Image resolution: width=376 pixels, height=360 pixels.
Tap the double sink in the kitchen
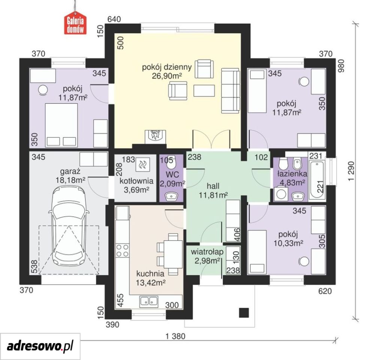149,301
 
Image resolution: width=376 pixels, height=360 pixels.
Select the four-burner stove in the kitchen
122,250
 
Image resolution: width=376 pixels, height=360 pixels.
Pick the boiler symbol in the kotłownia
143,165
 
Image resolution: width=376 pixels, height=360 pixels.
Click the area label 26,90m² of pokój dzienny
167,76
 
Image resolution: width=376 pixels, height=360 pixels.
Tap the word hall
213,186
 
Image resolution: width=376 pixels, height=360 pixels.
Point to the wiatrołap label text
207,252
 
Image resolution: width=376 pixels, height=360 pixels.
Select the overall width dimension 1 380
175,336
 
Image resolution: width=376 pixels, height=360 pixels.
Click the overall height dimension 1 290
351,171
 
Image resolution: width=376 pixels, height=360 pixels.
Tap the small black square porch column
244,313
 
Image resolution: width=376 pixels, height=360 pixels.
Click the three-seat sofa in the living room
230,90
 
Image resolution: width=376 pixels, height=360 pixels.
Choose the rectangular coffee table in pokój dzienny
204,90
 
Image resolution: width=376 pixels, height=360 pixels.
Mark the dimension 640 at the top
114,19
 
